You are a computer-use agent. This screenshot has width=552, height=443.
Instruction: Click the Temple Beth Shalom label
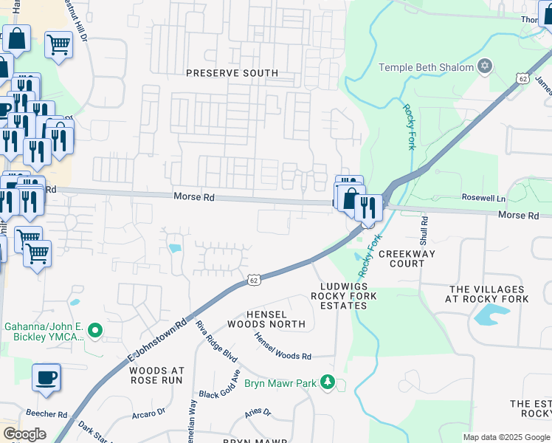(x=426, y=68)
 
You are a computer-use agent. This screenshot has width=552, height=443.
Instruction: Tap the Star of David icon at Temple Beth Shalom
(x=485, y=67)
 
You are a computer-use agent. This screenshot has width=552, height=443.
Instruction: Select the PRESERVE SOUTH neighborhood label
(x=232, y=73)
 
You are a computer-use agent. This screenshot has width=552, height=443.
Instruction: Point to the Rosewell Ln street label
(x=483, y=199)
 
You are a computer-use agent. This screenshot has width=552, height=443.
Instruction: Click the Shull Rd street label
(x=424, y=230)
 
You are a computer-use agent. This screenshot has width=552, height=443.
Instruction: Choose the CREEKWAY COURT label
(x=407, y=258)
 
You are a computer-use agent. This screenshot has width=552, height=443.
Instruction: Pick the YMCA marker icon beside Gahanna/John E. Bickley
(x=94, y=332)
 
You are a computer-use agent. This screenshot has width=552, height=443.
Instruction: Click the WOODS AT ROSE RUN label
(x=156, y=374)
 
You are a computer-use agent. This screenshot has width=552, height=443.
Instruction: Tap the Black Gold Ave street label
(x=219, y=385)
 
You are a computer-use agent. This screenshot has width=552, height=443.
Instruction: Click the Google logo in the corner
(x=24, y=434)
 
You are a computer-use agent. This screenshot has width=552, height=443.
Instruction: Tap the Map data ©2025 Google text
(x=506, y=437)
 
